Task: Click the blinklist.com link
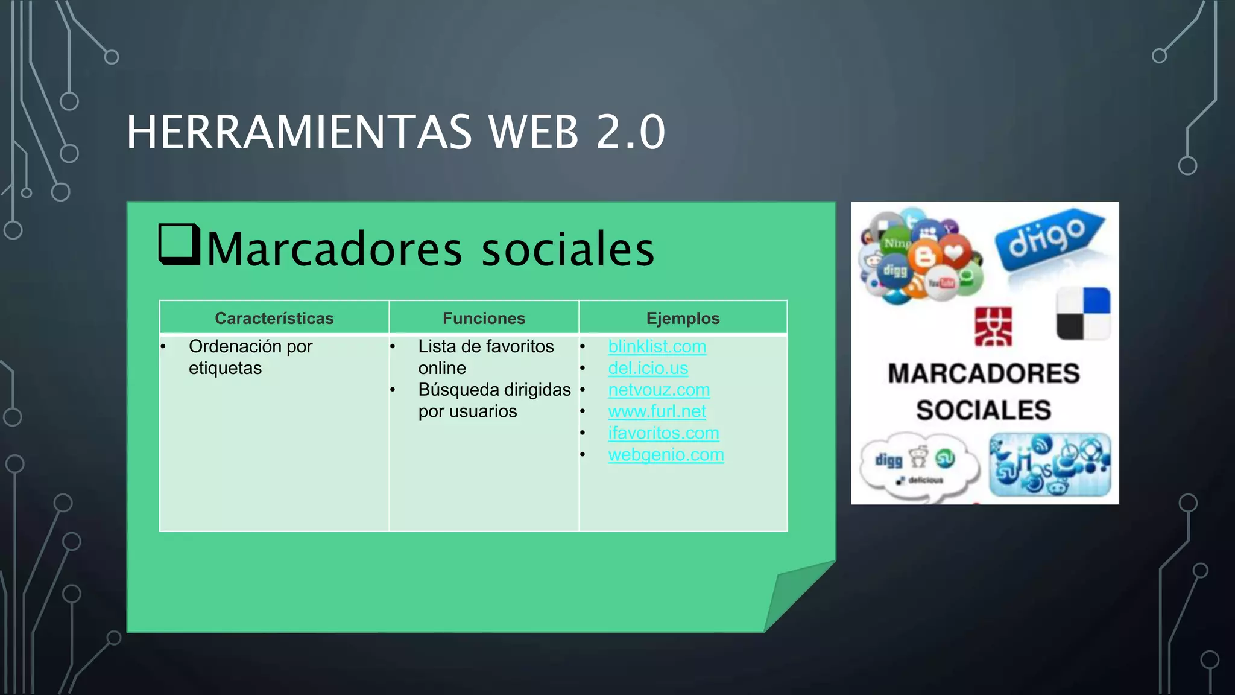(x=657, y=346)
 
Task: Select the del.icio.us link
(x=648, y=368)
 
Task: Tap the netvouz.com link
(x=659, y=390)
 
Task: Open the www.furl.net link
(x=657, y=411)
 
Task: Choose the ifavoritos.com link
(x=663, y=433)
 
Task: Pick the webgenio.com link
(x=666, y=455)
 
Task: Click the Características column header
(x=274, y=318)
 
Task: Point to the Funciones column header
(x=484, y=318)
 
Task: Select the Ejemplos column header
(x=683, y=318)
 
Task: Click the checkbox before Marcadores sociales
(x=179, y=244)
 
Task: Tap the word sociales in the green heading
(x=567, y=250)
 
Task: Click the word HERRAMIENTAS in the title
(x=299, y=132)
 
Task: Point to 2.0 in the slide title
(x=630, y=132)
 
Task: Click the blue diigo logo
(x=1049, y=238)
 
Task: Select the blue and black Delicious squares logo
(x=1083, y=314)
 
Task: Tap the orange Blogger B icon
(x=925, y=256)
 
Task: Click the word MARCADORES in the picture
(x=984, y=373)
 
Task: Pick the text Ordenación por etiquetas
(x=250, y=357)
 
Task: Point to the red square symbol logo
(x=993, y=327)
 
